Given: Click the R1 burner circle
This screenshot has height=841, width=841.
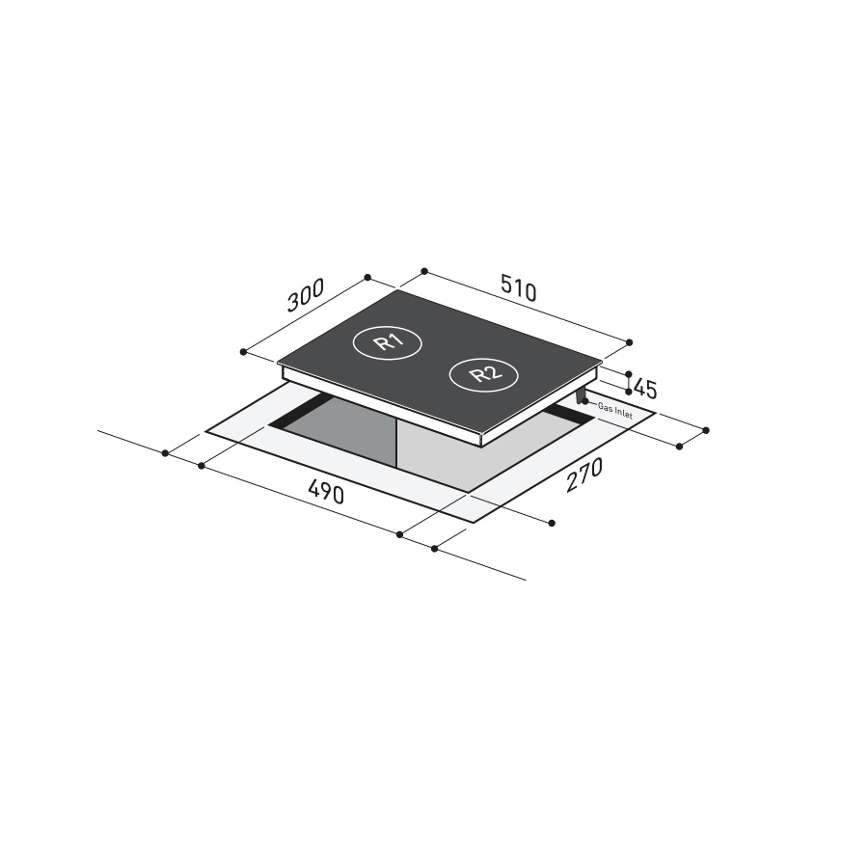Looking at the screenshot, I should [x=384, y=342].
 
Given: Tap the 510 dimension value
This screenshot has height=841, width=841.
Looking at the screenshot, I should [x=518, y=287].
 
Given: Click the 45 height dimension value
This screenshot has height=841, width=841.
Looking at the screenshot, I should [x=645, y=390].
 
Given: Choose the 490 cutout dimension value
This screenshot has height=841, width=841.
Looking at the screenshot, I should [x=326, y=493].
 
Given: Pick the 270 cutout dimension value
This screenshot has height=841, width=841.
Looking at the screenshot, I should [x=583, y=475].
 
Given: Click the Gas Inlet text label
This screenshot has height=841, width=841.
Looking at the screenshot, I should [x=614, y=408].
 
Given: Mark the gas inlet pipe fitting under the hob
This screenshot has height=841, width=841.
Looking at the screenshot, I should [x=580, y=395].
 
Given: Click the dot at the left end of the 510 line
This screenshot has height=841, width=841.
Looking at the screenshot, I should [x=423, y=272].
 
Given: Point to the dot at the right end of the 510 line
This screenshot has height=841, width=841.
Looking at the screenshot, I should [x=630, y=342].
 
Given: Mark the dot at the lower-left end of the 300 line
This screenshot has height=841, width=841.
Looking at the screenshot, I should [x=245, y=351].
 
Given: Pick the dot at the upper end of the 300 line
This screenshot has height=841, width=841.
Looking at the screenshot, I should [x=367, y=278].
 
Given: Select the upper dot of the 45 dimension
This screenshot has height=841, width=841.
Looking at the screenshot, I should [x=629, y=374].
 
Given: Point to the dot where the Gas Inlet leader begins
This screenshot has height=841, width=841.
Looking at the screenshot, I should [x=585, y=401].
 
